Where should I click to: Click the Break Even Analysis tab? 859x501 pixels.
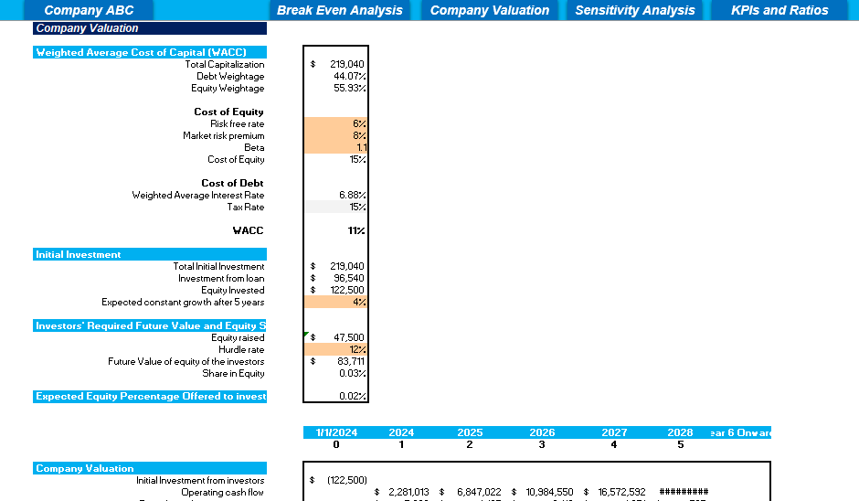click(340, 10)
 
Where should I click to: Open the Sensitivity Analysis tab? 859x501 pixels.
click(635, 10)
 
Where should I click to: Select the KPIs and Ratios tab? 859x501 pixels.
click(779, 10)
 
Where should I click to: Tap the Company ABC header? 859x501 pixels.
click(89, 10)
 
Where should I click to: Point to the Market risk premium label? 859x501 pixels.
click(223, 135)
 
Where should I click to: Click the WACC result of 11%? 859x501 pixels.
click(355, 230)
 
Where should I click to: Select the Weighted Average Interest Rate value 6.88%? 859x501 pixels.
click(352, 195)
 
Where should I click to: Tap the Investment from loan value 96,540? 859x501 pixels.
click(347, 278)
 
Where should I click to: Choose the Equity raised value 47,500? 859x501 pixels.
click(347, 337)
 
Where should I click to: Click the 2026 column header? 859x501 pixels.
click(542, 432)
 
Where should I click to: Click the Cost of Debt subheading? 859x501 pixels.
click(232, 183)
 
